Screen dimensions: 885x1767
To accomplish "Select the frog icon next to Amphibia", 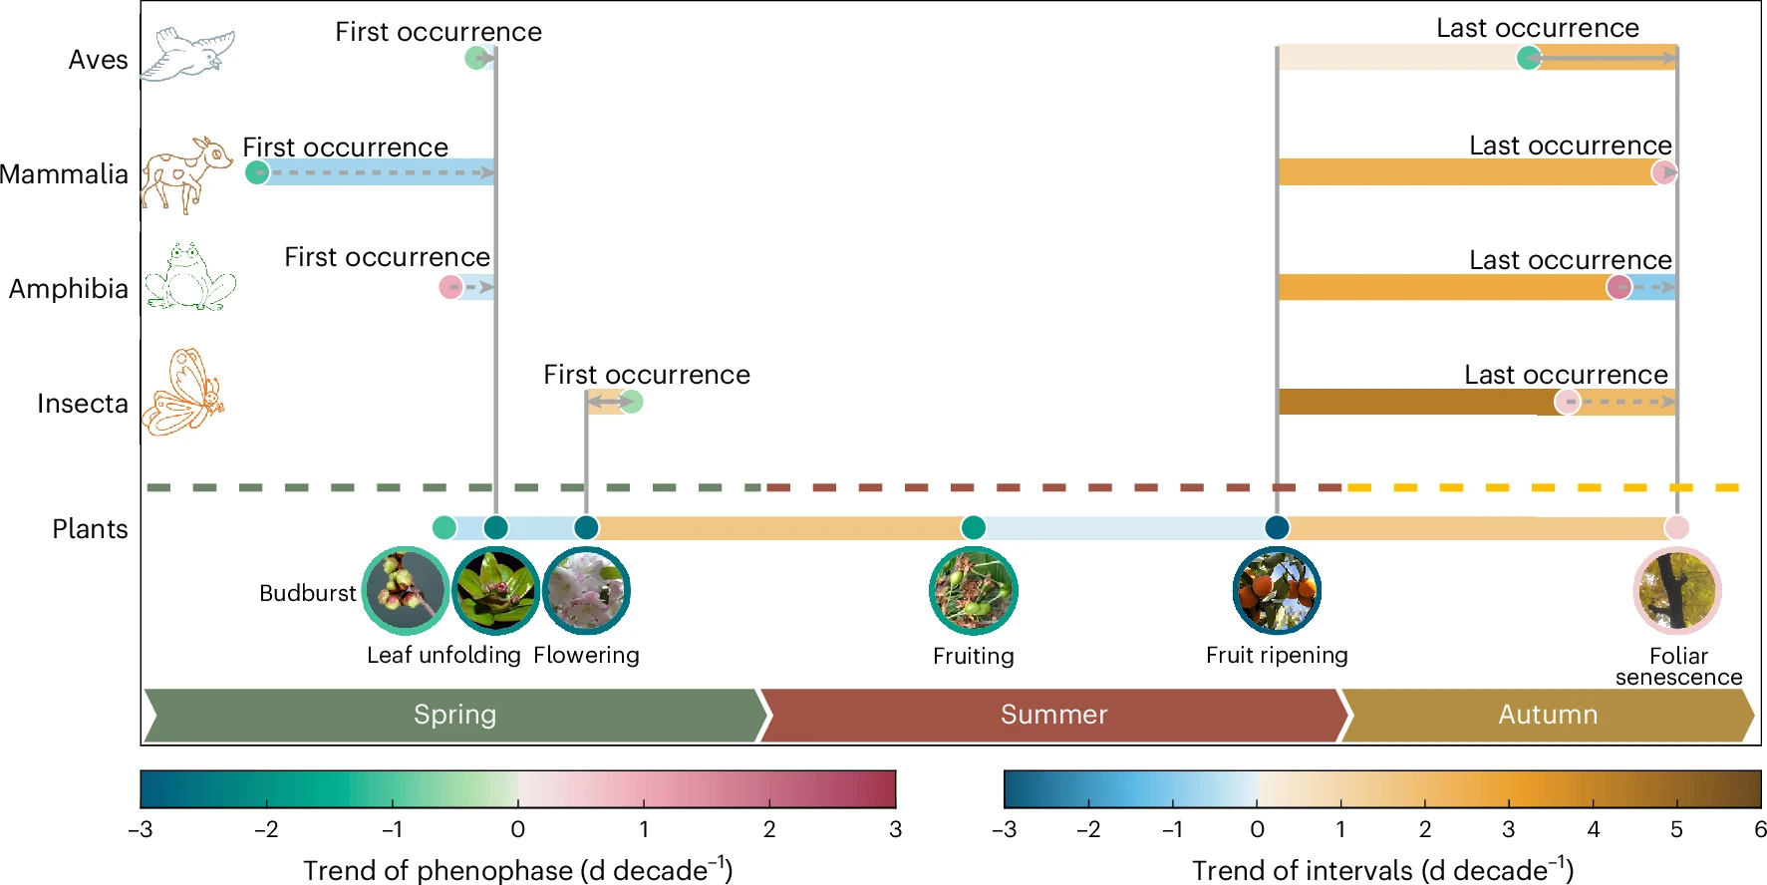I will (x=189, y=278).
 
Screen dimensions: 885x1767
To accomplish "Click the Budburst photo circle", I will (x=405, y=591).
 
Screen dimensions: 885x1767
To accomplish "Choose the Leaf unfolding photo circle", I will (x=495, y=591).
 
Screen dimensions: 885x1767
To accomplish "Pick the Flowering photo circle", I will (x=586, y=591).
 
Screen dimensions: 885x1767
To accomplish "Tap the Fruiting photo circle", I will (x=973, y=591).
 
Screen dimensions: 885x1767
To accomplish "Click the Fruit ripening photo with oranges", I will (x=1277, y=591).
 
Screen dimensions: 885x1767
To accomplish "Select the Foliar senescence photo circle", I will (x=1677, y=591).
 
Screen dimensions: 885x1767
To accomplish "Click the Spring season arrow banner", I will (x=455, y=715).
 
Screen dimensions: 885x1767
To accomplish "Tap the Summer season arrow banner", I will (x=1053, y=715).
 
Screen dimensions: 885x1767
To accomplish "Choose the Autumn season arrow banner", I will (x=1548, y=715).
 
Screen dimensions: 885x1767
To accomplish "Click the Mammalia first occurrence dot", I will (x=257, y=172).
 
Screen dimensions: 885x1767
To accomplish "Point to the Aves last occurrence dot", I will (x=1528, y=58).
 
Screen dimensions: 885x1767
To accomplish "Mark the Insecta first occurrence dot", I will (x=631, y=402).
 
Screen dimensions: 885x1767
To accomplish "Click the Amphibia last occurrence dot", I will (x=1619, y=287).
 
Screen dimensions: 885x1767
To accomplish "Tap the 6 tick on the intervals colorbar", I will (x=1760, y=829).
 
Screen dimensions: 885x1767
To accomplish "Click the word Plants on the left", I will (x=90, y=529).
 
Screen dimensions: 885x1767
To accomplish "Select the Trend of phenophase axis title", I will (x=517, y=870).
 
